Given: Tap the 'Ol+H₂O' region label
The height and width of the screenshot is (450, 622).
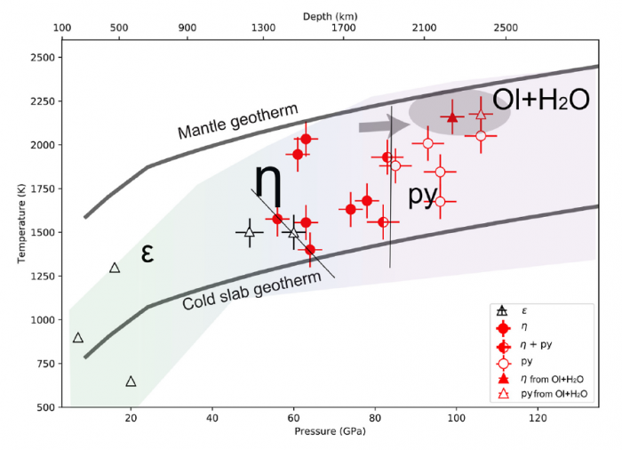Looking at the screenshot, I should click(x=541, y=100).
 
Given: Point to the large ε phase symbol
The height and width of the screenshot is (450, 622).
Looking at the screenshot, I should click(x=148, y=253).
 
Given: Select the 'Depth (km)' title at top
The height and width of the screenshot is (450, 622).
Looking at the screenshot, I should click(x=329, y=16).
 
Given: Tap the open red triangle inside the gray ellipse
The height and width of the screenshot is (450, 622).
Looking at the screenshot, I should click(x=481, y=114).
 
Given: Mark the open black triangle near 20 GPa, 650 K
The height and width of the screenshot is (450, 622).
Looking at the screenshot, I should click(x=131, y=382).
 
